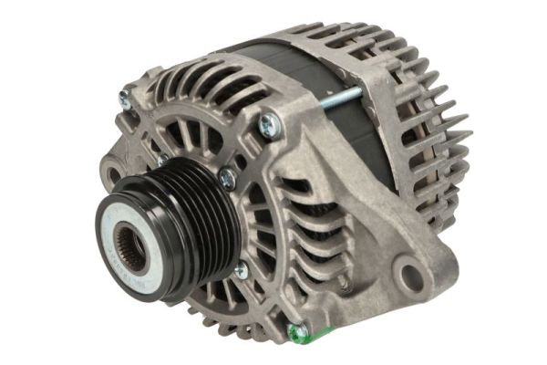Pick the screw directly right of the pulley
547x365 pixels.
[227, 179]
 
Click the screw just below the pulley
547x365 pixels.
[240, 270]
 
